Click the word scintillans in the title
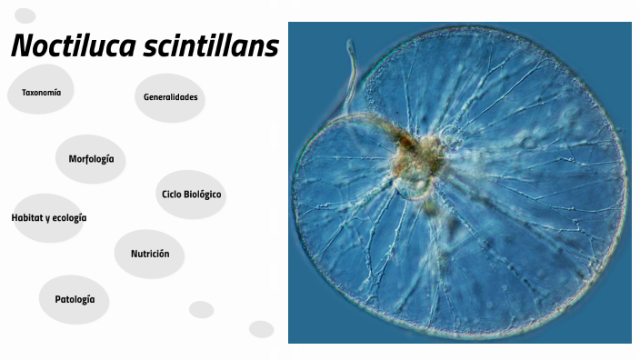pos(210,46)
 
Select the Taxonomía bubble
pos(41,93)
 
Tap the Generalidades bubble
pos(170,97)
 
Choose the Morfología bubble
pos(91,159)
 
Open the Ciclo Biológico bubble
pos(191,195)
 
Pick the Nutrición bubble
pos(150,254)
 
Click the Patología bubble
pos(75,299)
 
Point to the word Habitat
pos(27,218)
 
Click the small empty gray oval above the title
pos(25,15)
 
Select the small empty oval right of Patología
pos(201,309)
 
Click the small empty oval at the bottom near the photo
pos(262,329)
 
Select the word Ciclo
pos(172,195)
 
